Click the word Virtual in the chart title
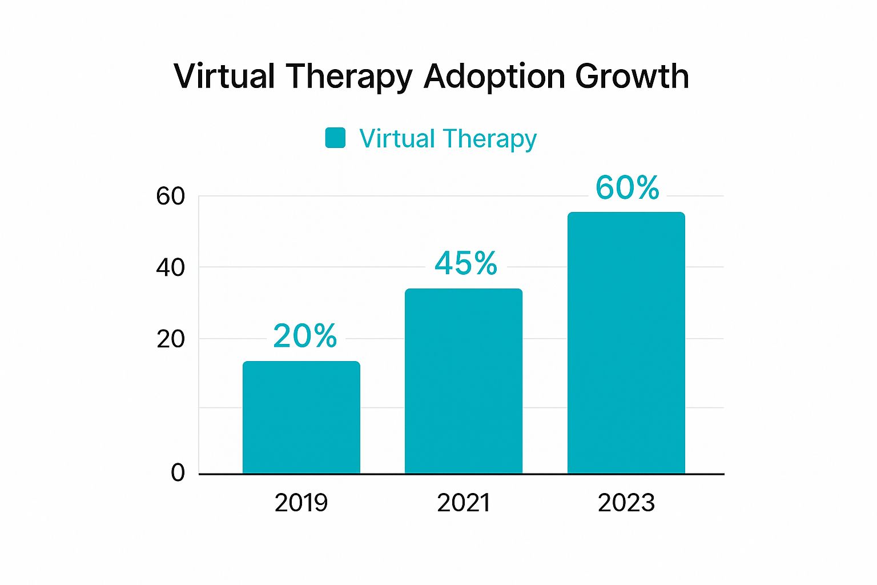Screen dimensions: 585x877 tap(224, 76)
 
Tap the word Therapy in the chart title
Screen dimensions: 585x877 tap(349, 77)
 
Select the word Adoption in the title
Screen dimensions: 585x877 tap(494, 76)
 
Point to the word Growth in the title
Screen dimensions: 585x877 tap(632, 76)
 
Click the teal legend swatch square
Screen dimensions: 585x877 tap(335, 138)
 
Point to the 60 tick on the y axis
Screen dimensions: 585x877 tap(170, 197)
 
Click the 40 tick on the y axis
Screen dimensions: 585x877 tap(170, 267)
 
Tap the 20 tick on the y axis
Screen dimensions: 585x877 tap(170, 339)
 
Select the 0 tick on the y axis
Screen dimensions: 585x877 tap(178, 473)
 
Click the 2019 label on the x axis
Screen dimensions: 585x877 tap(301, 503)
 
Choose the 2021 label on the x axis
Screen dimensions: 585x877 tap(464, 503)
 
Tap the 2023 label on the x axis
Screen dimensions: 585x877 tap(626, 503)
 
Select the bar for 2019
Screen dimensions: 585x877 tap(301, 417)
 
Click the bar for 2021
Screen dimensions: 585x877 tap(464, 381)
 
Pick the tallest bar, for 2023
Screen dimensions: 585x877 tap(626, 343)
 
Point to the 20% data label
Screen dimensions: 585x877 tap(305, 336)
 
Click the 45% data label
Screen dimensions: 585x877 tap(466, 263)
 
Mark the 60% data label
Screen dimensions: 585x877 tap(627, 187)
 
